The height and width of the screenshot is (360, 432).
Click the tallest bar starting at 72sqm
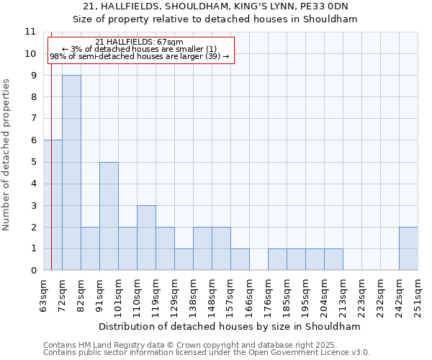tap(71, 173)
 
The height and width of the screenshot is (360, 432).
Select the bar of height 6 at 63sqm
tap(53, 205)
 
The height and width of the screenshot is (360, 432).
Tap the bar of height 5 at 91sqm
tap(109, 216)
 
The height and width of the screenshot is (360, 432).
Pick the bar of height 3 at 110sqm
tap(146, 238)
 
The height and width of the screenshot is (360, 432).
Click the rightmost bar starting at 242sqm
tap(408, 248)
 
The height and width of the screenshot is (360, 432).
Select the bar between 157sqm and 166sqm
tap(240, 259)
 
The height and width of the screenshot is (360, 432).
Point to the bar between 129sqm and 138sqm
tap(184, 259)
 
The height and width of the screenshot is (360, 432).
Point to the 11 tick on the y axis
tap(30, 32)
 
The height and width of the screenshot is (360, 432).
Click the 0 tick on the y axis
tap(33, 271)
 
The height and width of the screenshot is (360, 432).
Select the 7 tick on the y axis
tap(33, 119)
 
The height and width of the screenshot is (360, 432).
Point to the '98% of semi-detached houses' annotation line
tap(139, 56)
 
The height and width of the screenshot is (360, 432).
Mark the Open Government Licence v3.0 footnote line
tap(207, 353)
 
